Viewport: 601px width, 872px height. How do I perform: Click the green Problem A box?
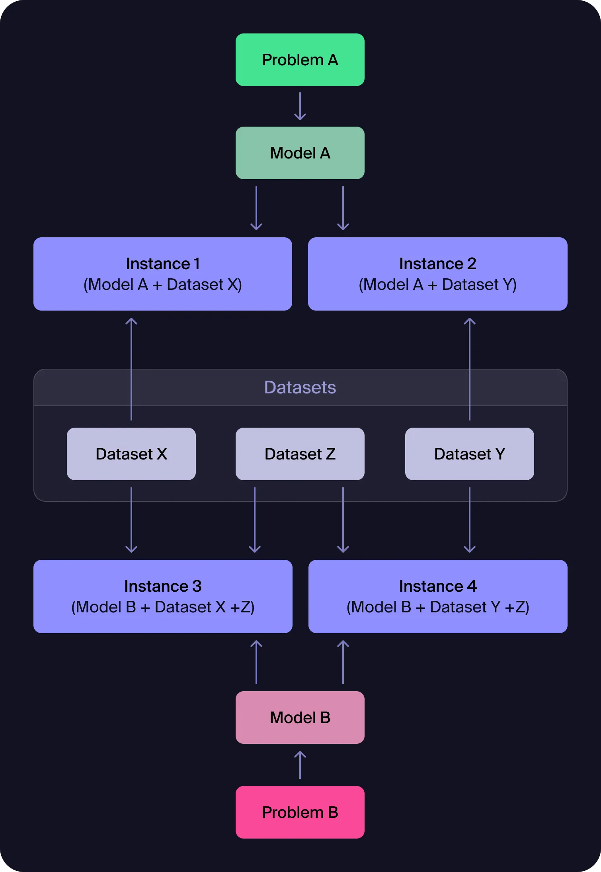point(300,60)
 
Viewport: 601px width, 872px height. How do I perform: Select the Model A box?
point(300,153)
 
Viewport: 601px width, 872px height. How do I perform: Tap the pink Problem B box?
point(300,812)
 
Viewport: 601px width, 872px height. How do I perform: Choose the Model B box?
point(300,718)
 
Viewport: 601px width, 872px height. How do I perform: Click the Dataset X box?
point(131,454)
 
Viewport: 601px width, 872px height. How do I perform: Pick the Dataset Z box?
point(300,454)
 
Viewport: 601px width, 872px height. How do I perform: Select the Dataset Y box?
point(469,454)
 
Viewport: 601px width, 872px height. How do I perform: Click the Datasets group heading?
point(300,387)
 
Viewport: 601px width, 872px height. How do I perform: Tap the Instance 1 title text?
point(162,264)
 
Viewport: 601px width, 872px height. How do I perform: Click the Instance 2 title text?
point(437,264)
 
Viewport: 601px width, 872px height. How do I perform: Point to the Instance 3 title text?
point(162,586)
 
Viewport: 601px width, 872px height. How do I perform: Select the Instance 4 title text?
point(437,586)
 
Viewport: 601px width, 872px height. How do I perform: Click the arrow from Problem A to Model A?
point(300,106)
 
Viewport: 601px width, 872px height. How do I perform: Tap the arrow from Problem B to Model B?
point(300,765)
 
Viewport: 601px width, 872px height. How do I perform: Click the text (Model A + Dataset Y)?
point(437,285)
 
